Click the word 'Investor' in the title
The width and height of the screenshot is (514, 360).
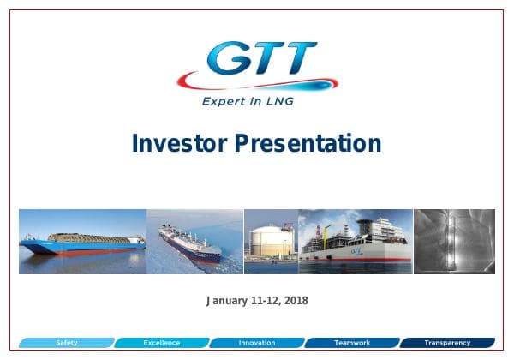pos(179,143)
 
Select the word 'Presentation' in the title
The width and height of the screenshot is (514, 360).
pos(308,143)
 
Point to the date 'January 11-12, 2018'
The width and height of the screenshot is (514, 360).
pos(257,301)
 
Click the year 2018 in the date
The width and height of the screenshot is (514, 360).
pos(295,301)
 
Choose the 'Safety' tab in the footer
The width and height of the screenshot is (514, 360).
pos(66,343)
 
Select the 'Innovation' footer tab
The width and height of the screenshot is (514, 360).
pos(257,343)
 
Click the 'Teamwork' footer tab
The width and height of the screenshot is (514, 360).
pos(352,343)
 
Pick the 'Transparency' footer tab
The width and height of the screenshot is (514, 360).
pos(447,343)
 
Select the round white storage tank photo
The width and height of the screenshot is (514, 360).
pos(271,241)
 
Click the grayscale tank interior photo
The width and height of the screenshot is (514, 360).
pos(454,241)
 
